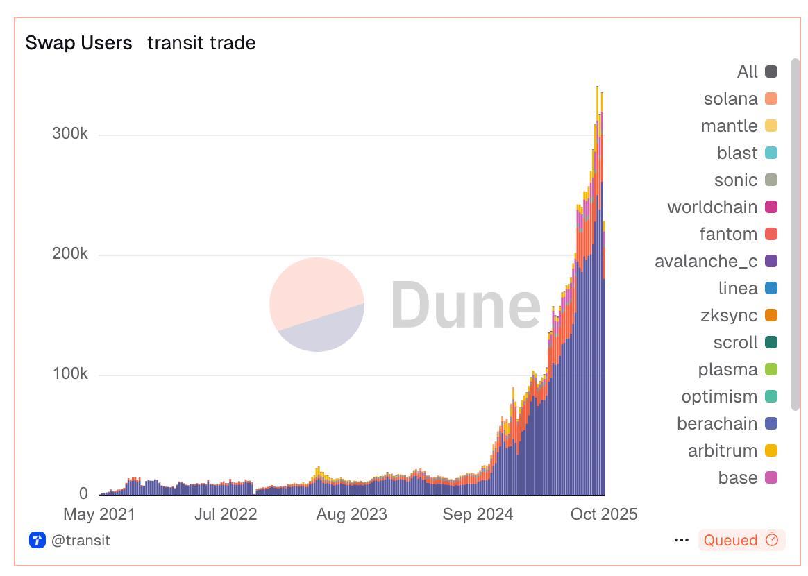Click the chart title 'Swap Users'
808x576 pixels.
[78, 43]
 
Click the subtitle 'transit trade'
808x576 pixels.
[201, 43]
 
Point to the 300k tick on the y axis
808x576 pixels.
[69, 134]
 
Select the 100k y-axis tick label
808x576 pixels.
[69, 374]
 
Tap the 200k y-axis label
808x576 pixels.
[69, 254]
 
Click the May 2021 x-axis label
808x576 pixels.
[99, 514]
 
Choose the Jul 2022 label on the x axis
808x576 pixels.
[226, 514]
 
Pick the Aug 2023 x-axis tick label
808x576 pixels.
[352, 514]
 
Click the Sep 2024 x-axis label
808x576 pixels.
[478, 514]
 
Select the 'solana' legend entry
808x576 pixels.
[730, 99]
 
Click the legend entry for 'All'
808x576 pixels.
[748, 71]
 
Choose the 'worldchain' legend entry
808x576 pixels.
[712, 207]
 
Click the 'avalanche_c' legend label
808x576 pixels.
[706, 261]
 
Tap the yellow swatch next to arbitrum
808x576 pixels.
[771, 450]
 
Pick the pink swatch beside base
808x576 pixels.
[771, 477]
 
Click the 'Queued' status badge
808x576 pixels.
[741, 540]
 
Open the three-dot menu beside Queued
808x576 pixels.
[682, 540]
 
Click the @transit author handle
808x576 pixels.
[81, 540]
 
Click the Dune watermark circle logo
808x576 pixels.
[317, 304]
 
